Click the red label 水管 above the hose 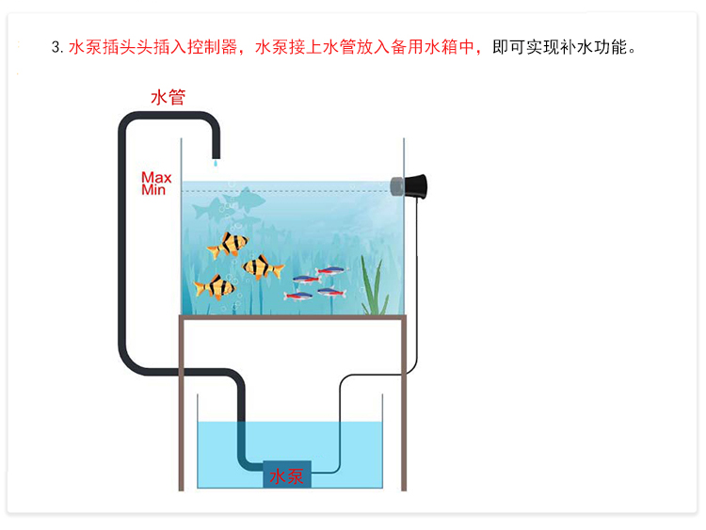point(168,97)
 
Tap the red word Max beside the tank point(156,177)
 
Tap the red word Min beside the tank point(153,189)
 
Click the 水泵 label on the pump point(287,475)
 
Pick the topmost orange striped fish point(229,245)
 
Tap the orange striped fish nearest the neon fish point(263,268)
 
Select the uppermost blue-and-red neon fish point(330,272)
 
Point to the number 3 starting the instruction point(56,46)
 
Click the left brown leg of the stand point(183,405)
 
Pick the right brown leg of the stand point(402,405)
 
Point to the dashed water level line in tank point(301,192)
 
